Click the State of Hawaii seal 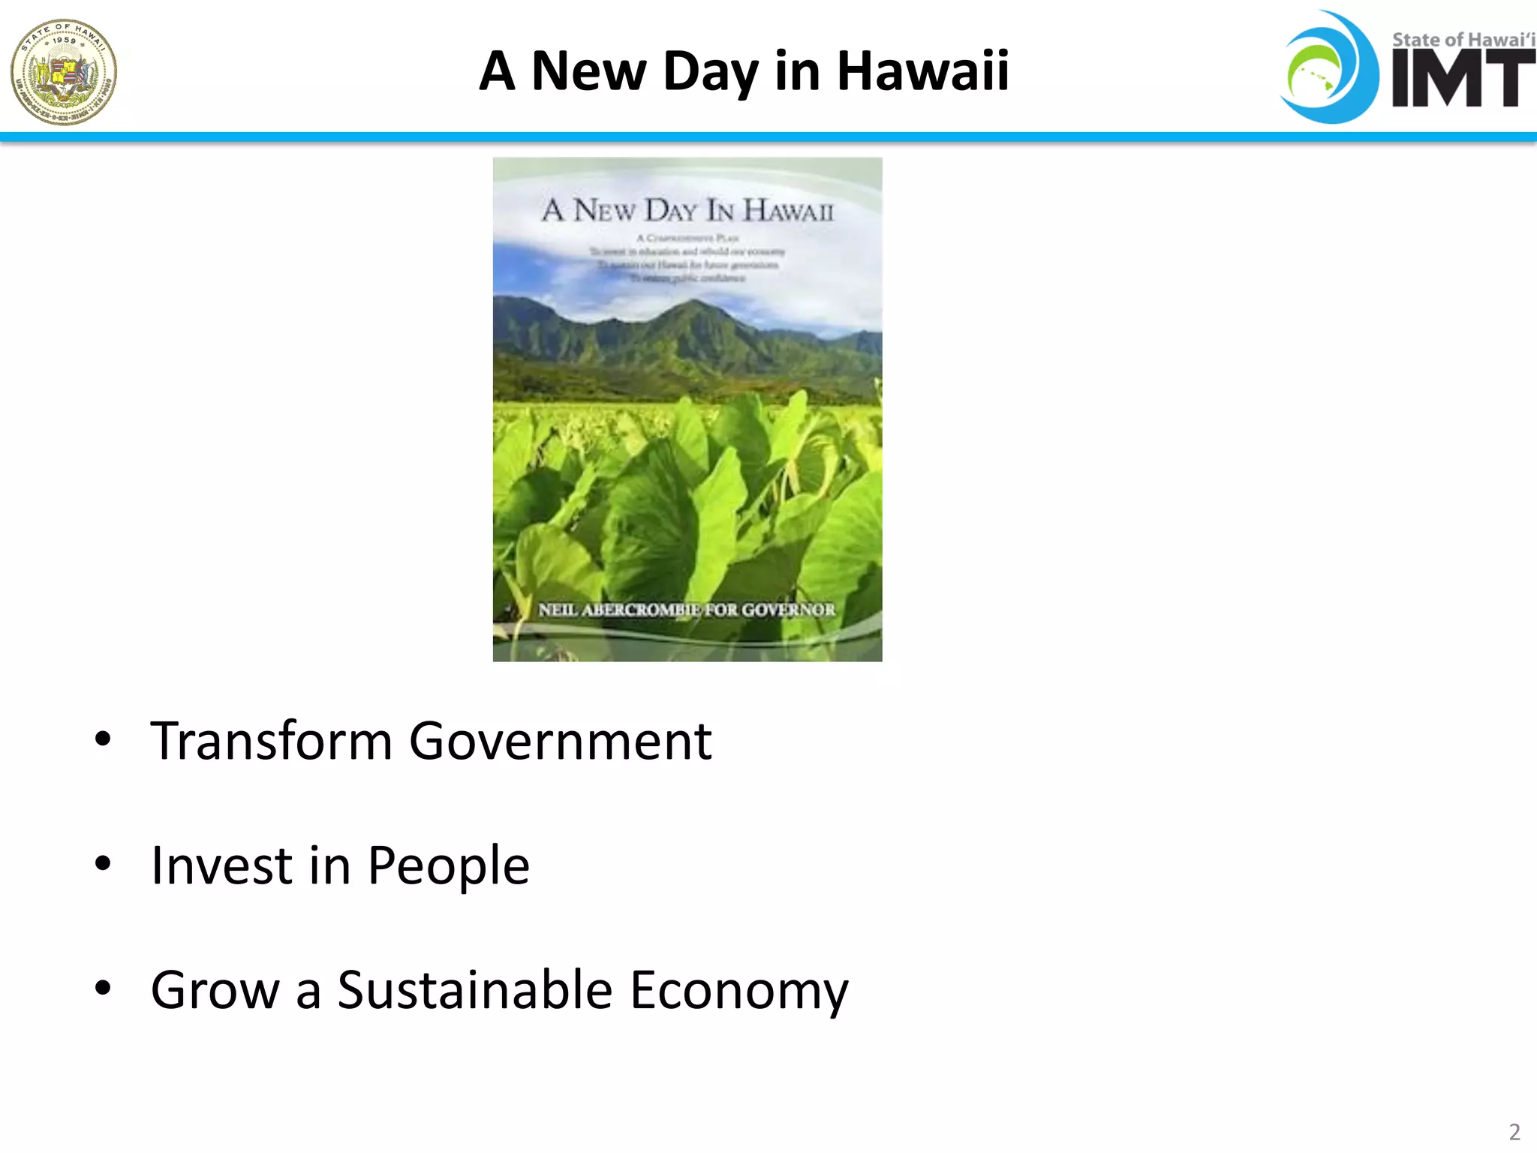pyautogui.click(x=64, y=72)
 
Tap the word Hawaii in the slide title pyautogui.click(x=922, y=71)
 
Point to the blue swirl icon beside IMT pyautogui.click(x=1329, y=68)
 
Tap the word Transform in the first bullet pyautogui.click(x=271, y=742)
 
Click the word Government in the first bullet pyautogui.click(x=560, y=742)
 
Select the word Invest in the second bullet pyautogui.click(x=221, y=866)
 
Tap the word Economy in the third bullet pyautogui.click(x=738, y=991)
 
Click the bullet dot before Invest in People pyautogui.click(x=103, y=864)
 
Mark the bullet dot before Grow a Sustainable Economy pyautogui.click(x=103, y=988)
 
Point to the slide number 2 pyautogui.click(x=1514, y=1131)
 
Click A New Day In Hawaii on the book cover pyautogui.click(x=687, y=210)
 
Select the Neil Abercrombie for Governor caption pyautogui.click(x=686, y=610)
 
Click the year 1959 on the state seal pyautogui.click(x=64, y=40)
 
